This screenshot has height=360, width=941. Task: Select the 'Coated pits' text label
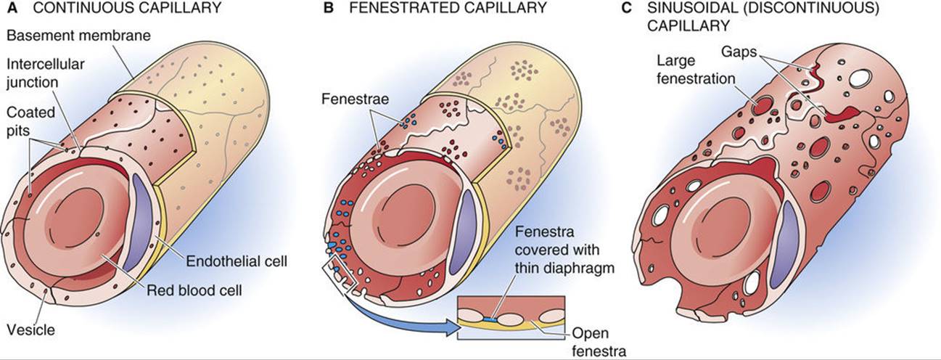click(28, 122)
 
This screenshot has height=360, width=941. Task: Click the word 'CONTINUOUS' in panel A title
click(70, 9)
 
